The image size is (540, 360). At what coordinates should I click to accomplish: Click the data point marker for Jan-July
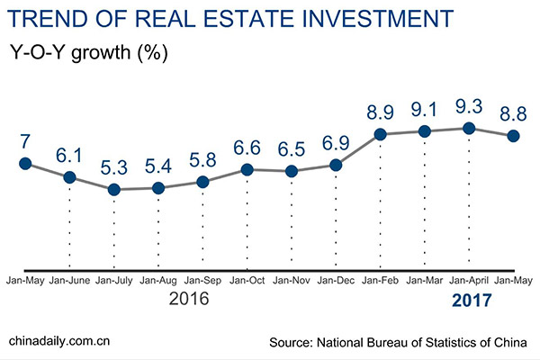(113, 189)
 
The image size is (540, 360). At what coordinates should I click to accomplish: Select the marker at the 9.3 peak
(468, 128)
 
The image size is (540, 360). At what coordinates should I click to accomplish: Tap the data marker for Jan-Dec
(336, 165)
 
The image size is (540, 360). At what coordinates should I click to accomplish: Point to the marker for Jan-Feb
(380, 134)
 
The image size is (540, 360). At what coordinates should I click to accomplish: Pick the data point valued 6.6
(247, 169)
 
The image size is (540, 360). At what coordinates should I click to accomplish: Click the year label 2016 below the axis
(189, 300)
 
